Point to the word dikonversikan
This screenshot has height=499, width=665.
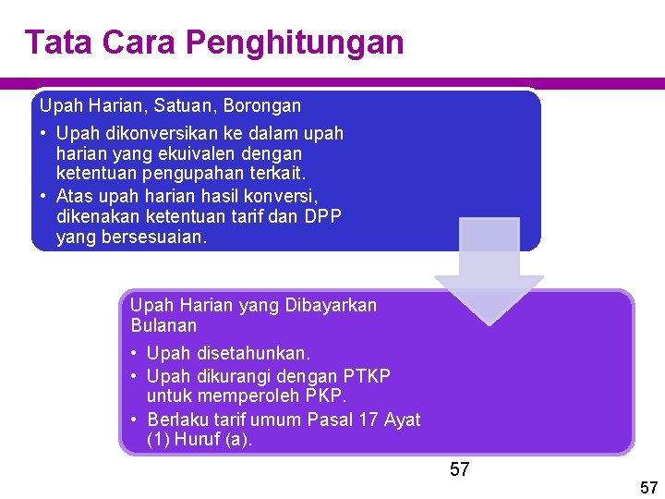pos(153,133)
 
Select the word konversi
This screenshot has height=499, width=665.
pos(285,196)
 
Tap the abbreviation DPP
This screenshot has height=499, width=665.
pos(323,216)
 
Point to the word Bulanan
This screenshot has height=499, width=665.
pos(163,325)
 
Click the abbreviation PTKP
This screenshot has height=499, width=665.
pos(367,376)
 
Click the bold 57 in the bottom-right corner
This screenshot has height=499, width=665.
pos(648,487)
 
